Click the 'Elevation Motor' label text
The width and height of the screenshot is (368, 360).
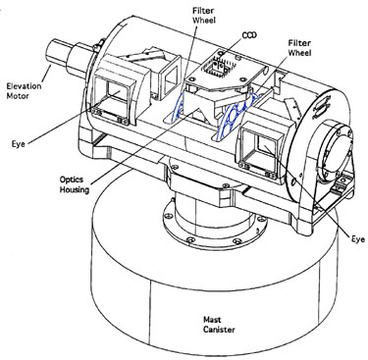[x=25, y=91]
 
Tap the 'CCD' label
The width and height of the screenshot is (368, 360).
[x=249, y=35]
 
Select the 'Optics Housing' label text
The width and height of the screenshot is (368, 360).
[x=75, y=184]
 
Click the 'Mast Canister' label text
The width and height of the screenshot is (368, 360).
[x=219, y=325]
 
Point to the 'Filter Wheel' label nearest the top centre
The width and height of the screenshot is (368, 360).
[x=204, y=15]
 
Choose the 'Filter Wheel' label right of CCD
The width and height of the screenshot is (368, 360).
[x=299, y=48]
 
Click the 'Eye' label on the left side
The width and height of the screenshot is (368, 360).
[x=19, y=144]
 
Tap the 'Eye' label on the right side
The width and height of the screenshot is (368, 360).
[x=358, y=239]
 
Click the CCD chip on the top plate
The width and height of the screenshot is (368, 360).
[x=217, y=67]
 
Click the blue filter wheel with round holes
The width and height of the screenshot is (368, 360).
[x=237, y=113]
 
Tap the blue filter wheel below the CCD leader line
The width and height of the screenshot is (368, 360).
[x=179, y=105]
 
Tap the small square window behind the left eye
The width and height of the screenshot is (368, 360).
[x=170, y=77]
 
